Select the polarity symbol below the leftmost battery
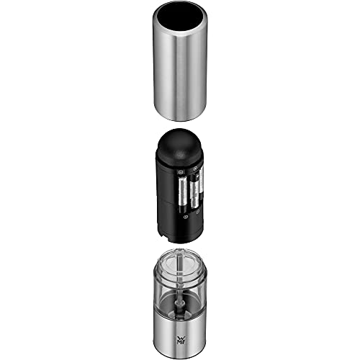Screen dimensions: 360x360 [x=186, y=215]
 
